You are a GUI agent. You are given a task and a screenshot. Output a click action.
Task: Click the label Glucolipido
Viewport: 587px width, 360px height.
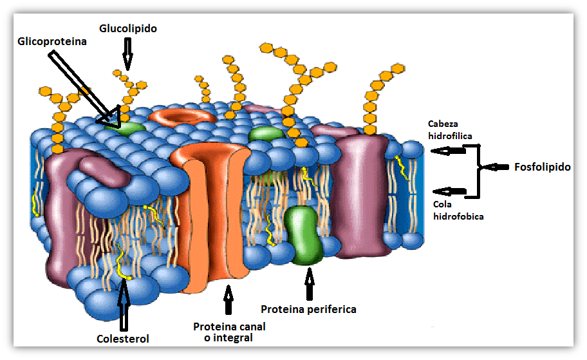tap(128, 29)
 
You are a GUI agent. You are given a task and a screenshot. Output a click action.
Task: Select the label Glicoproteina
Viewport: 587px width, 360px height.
tap(53, 41)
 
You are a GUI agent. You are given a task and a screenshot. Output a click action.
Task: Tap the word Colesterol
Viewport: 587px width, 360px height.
tap(122, 338)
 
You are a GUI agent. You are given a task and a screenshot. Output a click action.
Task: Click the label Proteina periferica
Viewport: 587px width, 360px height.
tap(308, 309)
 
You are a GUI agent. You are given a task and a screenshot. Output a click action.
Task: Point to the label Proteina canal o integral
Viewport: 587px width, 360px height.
tap(229, 332)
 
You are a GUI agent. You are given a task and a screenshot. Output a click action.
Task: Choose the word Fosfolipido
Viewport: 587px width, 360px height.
tap(543, 167)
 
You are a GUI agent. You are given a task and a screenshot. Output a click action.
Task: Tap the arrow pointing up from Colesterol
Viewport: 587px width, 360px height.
tap(124, 303)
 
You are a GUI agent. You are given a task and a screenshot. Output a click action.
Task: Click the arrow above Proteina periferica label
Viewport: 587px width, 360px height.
tap(310, 283)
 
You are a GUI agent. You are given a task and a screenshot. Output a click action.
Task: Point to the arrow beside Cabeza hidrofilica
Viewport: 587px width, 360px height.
tap(449, 151)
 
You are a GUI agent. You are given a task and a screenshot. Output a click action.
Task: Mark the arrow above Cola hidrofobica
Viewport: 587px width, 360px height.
tap(450, 191)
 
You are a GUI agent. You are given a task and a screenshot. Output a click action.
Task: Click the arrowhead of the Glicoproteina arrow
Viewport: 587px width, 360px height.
tap(110, 117)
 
